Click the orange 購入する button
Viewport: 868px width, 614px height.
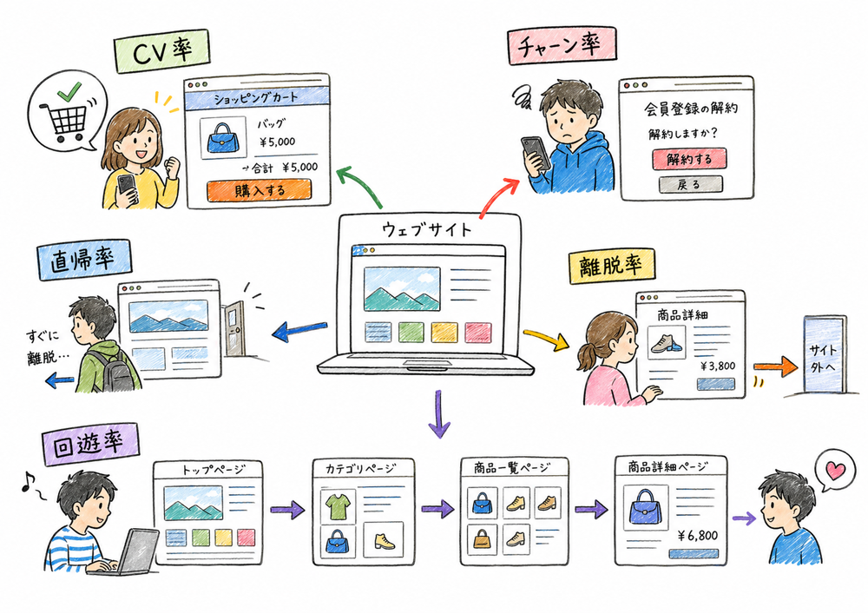tap(258, 190)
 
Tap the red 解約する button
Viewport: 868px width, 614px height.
tap(689, 159)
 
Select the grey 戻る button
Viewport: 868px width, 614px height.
tap(690, 184)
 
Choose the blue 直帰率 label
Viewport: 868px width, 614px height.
tap(83, 259)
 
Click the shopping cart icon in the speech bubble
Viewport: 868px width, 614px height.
tap(61, 121)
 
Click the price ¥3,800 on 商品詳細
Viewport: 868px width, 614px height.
tap(717, 366)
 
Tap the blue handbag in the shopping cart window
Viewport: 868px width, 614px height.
tap(221, 137)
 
